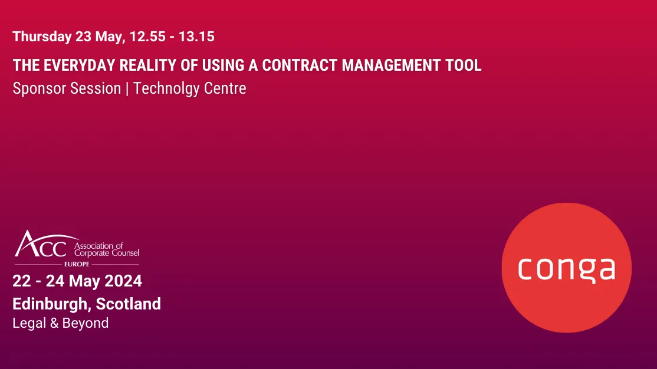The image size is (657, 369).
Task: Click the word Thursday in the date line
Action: coord(41,37)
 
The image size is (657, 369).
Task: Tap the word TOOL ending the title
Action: coord(465,65)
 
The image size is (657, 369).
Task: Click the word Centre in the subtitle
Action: coord(225,88)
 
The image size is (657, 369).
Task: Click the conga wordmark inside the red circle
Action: coord(566,268)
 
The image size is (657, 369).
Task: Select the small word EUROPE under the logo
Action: coord(77,264)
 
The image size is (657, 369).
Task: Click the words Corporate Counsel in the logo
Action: coord(106,253)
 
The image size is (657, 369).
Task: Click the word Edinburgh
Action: coord(51,304)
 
